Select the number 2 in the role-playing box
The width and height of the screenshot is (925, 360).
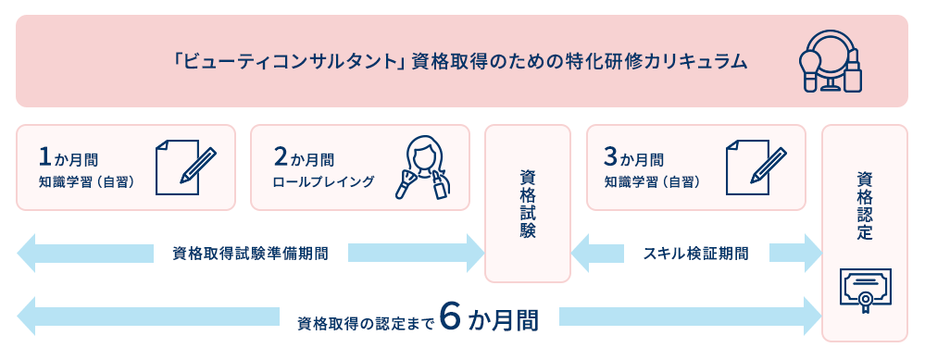click(x=279, y=155)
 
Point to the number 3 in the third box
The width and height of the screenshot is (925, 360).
click(x=610, y=155)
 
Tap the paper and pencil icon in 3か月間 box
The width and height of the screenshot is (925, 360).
click(x=756, y=167)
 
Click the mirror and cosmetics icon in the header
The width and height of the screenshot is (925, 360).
click(x=831, y=61)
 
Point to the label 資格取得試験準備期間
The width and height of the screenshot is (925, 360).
click(x=250, y=253)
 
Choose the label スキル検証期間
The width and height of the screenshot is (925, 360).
click(x=695, y=253)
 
